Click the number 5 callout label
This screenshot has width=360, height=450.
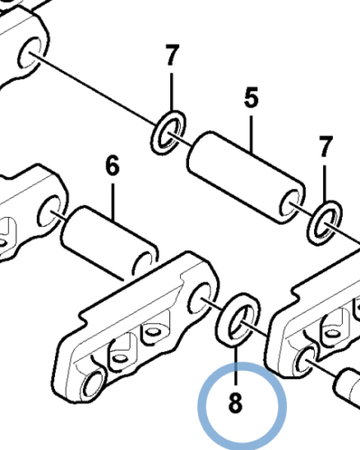251,97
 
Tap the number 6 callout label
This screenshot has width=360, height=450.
112,166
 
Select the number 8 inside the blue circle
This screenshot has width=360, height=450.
235,403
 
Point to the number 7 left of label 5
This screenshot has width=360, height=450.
171,55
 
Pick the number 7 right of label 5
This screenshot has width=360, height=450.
325,147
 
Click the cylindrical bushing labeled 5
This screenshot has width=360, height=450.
246,177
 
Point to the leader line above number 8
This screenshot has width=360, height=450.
236,364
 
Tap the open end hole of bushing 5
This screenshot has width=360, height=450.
290,204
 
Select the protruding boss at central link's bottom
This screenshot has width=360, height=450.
94,384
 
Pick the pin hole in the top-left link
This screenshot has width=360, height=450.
31,53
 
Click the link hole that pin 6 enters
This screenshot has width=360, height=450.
49,211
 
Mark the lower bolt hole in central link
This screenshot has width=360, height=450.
120,358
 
